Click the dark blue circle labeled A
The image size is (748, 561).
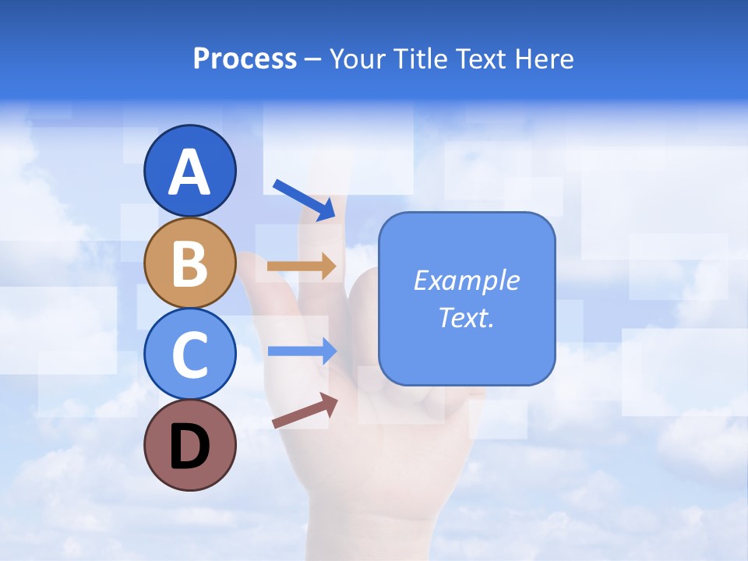[x=189, y=171]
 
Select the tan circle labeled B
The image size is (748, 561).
[x=189, y=263]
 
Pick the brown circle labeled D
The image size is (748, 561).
[x=189, y=445]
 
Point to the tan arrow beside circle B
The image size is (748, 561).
[x=301, y=266]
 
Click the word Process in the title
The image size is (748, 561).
[x=245, y=59]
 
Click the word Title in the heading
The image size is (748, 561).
[x=421, y=59]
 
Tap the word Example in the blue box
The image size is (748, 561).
[x=466, y=280]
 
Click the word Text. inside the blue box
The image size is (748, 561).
[x=466, y=317]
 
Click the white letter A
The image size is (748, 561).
[x=189, y=173]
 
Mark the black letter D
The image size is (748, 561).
[x=189, y=446]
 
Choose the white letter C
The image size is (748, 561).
[x=189, y=355]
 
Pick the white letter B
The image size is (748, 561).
[x=189, y=263]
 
